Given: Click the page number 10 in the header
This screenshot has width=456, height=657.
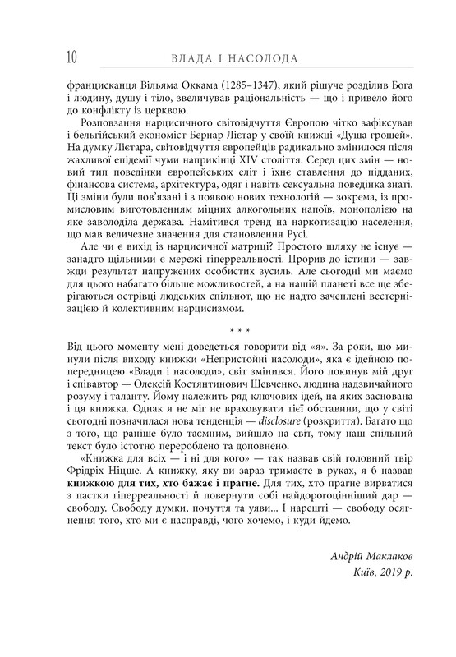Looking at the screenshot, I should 68,57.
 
